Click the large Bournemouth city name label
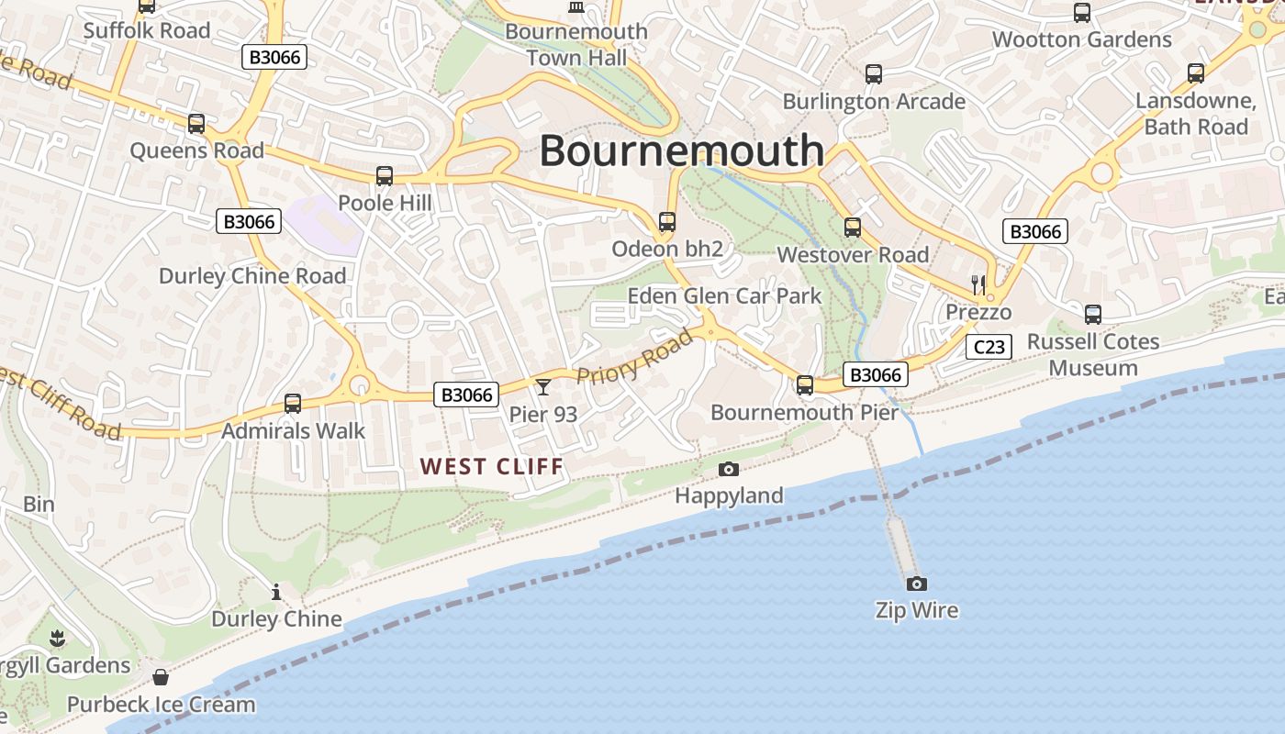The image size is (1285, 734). pyautogui.click(x=681, y=150)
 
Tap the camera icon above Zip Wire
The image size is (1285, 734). pyautogui.click(x=916, y=584)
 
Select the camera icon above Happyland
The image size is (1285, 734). pyautogui.click(x=729, y=470)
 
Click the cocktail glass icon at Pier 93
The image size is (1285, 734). pyautogui.click(x=543, y=388)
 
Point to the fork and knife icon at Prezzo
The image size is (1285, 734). pyautogui.click(x=978, y=284)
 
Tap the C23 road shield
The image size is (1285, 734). pyautogui.click(x=989, y=347)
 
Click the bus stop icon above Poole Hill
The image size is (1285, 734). pyautogui.click(x=385, y=175)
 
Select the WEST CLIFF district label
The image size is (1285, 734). pyautogui.click(x=492, y=466)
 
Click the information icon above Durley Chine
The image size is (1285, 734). pyautogui.click(x=276, y=593)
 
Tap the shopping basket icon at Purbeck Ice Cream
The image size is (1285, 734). pyautogui.click(x=161, y=678)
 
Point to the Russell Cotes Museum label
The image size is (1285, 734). pyautogui.click(x=1093, y=354)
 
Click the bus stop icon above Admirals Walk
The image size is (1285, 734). pyautogui.click(x=293, y=403)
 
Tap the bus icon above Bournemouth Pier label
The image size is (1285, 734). pyautogui.click(x=805, y=385)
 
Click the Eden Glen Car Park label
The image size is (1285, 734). pyautogui.click(x=724, y=295)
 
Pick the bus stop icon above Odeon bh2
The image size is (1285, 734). pyautogui.click(x=667, y=222)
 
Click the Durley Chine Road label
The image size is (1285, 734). pyautogui.click(x=252, y=276)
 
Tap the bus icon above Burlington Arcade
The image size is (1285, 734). pyautogui.click(x=874, y=74)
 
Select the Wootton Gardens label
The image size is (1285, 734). pyautogui.click(x=1082, y=39)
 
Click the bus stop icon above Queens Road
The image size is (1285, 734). pyautogui.click(x=196, y=124)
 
